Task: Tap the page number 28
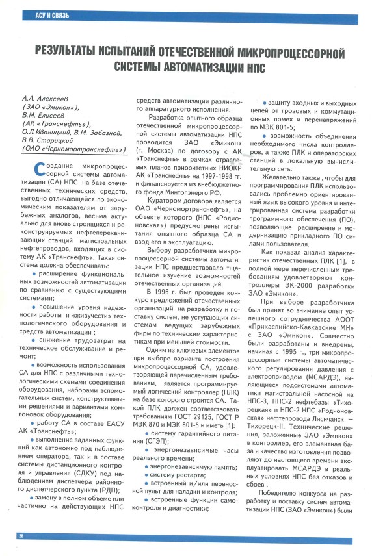(20, 535)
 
